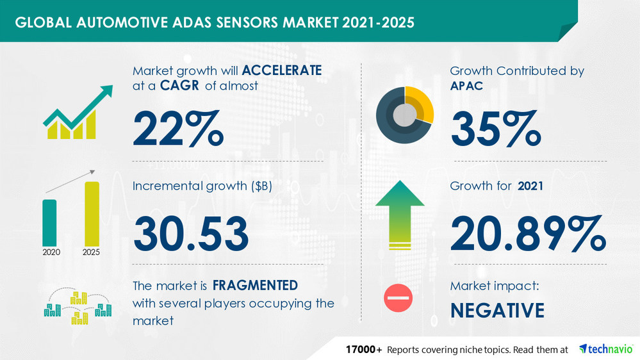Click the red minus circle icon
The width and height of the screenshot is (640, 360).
pos(398,298)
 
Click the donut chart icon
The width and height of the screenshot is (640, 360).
pos(404,115)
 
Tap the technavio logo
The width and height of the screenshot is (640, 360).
pos(605,349)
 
